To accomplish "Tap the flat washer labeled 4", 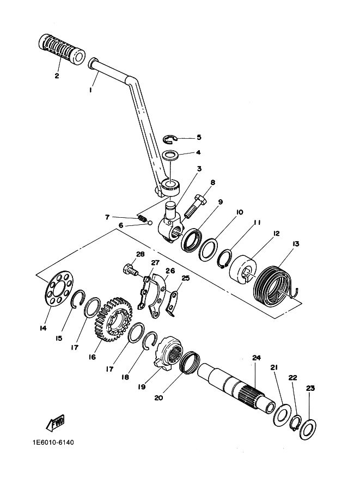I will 171,155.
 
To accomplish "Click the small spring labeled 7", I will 144,219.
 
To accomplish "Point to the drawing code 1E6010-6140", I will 49,441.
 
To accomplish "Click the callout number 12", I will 277,233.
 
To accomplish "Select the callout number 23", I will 310,388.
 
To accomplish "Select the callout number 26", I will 170,271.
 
